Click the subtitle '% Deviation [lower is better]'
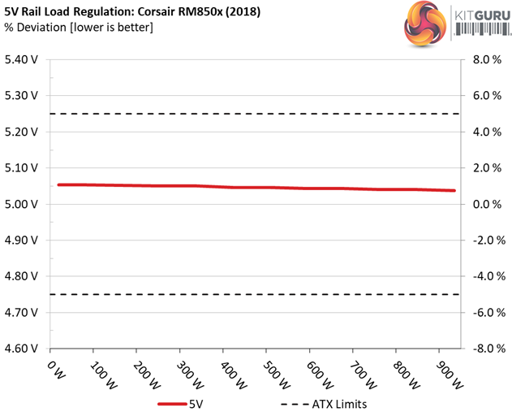point(76,28)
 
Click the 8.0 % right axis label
point(486,59)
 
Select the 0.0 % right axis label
point(486,204)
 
